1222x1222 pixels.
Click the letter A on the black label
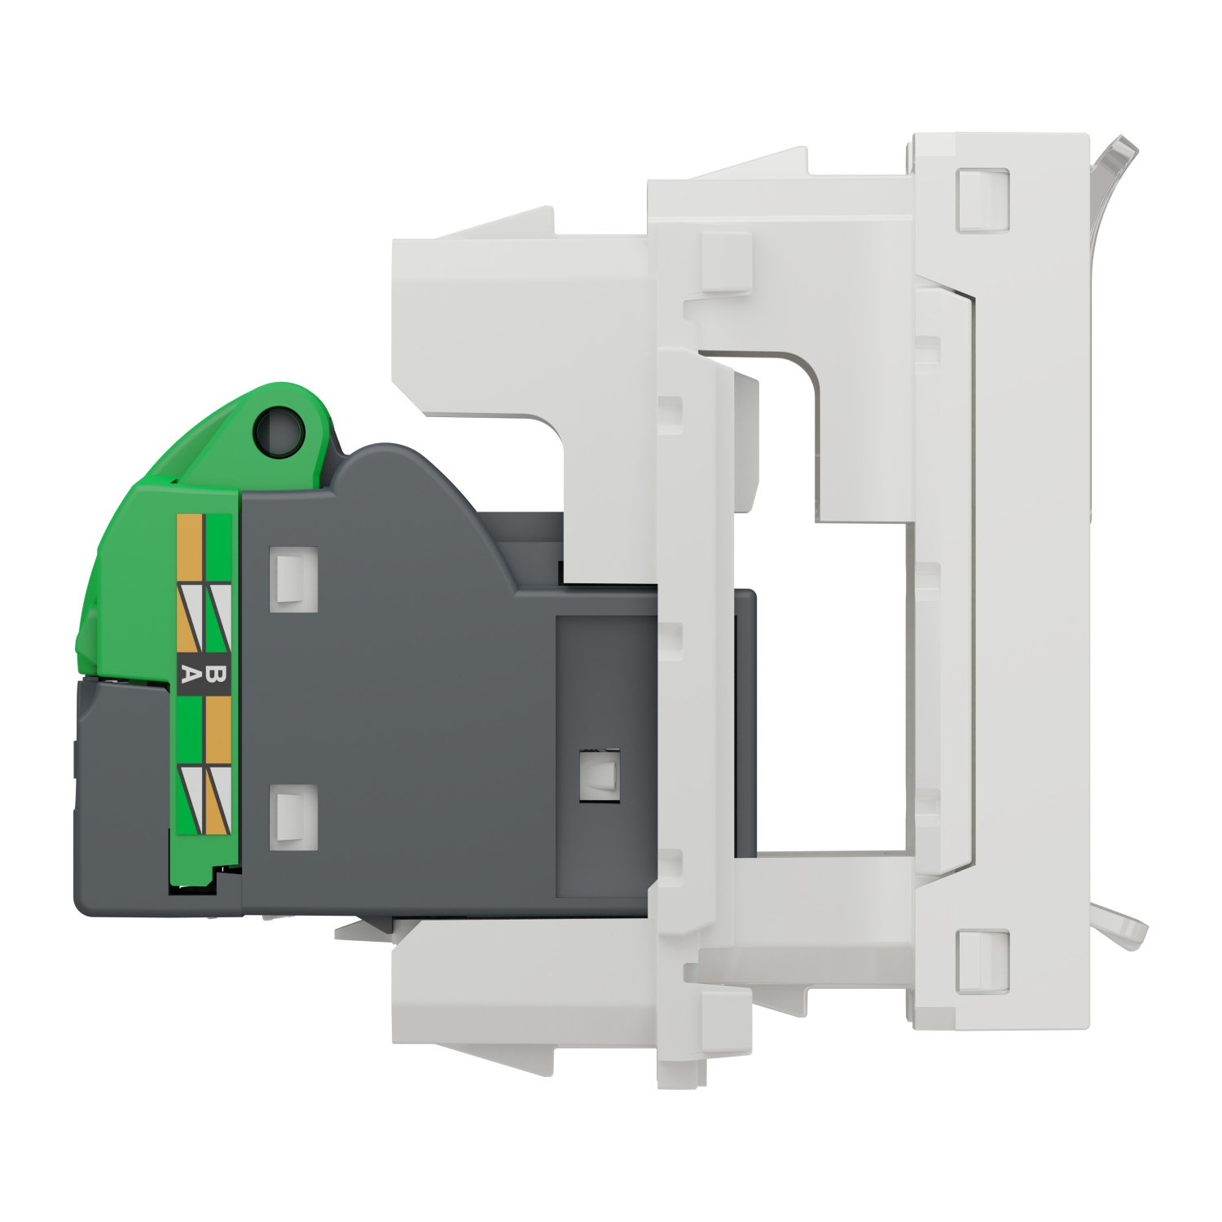[x=189, y=674]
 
